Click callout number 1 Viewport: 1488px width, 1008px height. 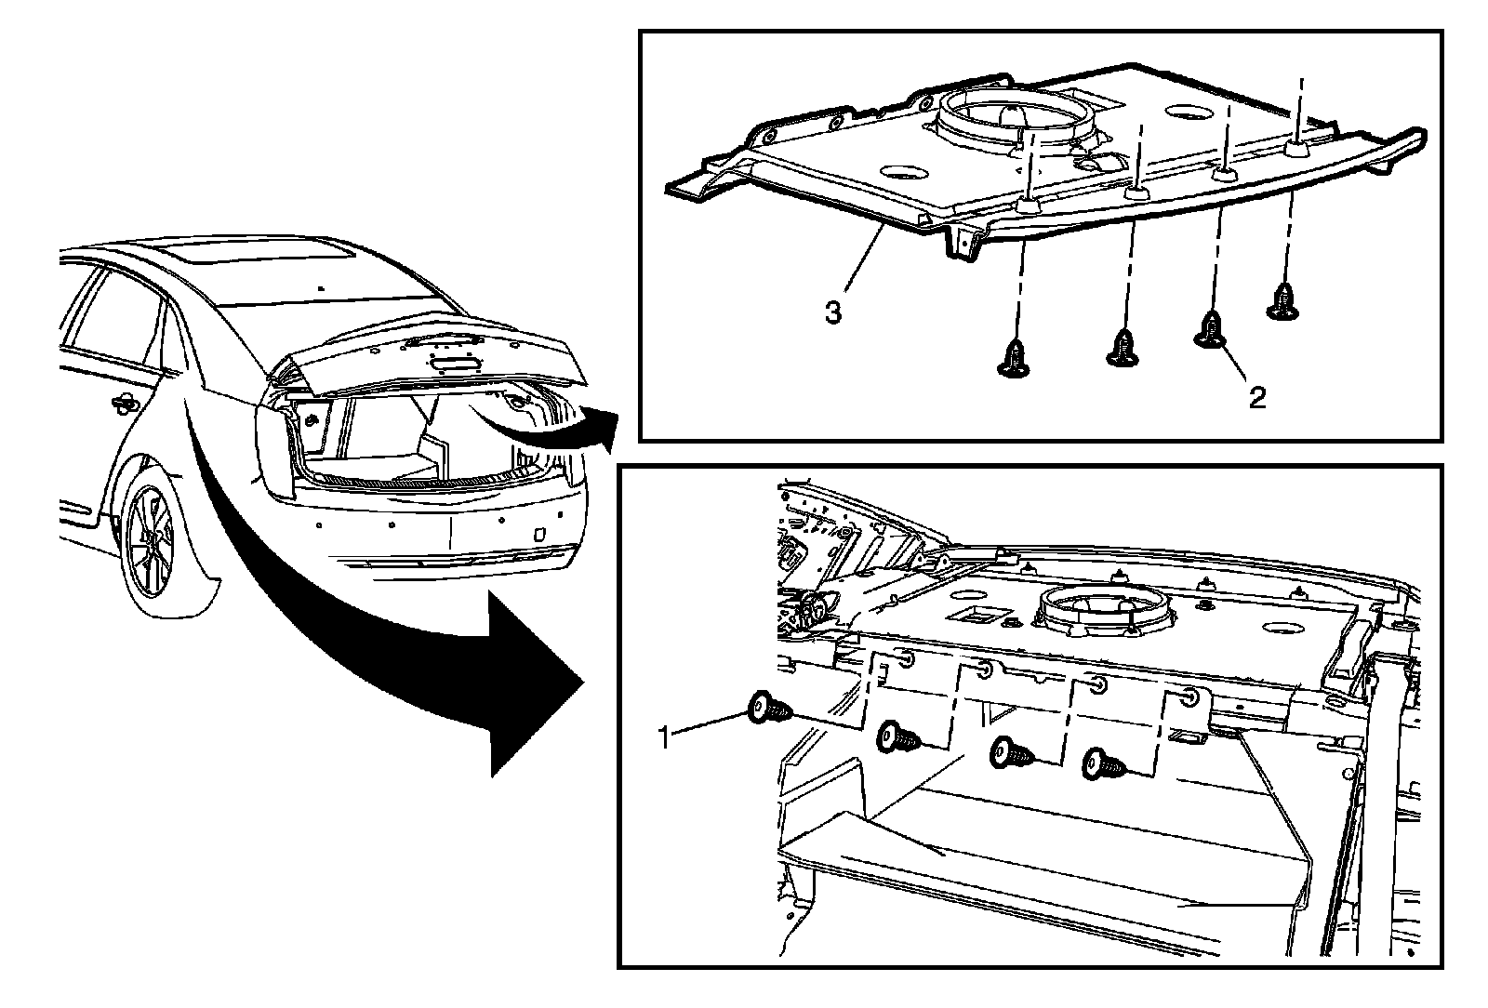tap(664, 739)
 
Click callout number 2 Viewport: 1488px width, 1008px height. tap(1256, 398)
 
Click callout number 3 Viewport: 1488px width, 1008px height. tap(833, 312)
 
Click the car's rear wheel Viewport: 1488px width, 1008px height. tap(151, 538)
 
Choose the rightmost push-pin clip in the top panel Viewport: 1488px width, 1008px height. tap(1285, 302)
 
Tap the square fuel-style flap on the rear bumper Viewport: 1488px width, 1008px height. tap(538, 536)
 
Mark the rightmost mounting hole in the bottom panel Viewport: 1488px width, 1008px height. tap(1191, 696)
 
